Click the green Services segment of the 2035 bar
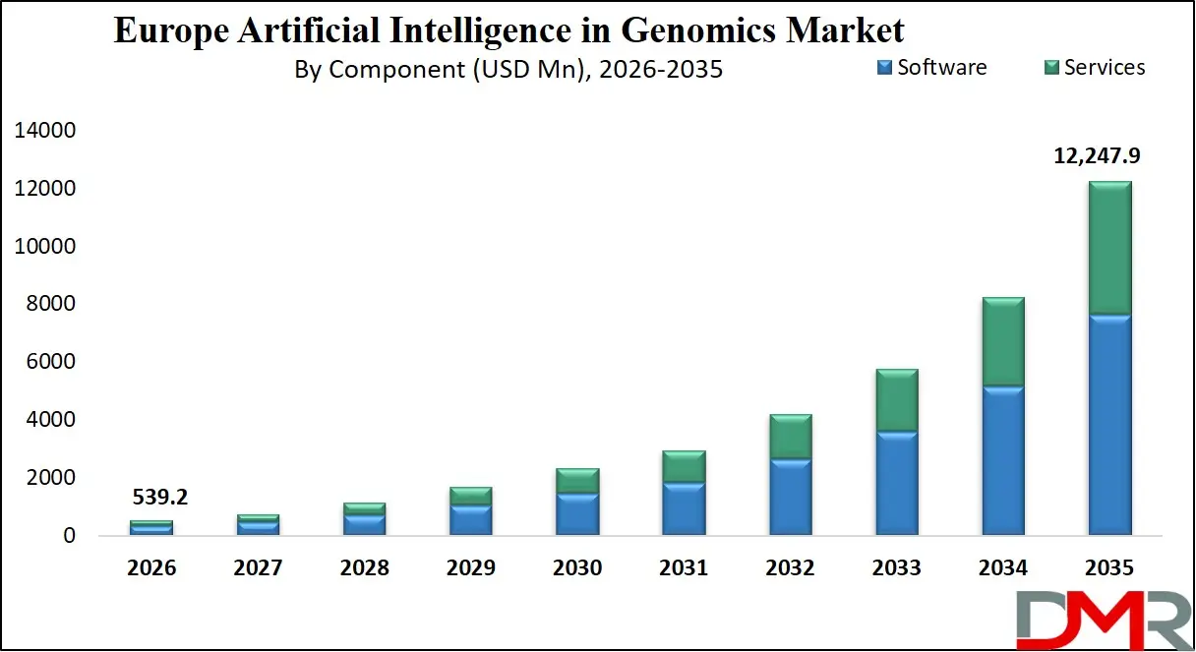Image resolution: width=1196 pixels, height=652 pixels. click(x=1108, y=248)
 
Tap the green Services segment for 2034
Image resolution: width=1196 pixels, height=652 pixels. click(x=1002, y=341)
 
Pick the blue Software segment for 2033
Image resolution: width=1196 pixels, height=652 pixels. click(x=896, y=483)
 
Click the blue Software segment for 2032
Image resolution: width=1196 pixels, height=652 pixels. click(x=790, y=497)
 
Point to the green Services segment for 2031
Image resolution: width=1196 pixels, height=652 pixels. click(x=684, y=466)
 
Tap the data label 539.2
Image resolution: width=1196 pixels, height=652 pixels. click(x=159, y=498)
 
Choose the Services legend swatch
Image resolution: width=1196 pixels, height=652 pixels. click(x=1050, y=68)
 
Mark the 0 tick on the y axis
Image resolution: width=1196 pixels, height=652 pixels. click(x=68, y=536)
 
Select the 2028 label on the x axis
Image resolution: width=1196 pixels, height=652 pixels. click(x=365, y=568)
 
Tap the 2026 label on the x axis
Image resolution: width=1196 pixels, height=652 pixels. click(x=151, y=568)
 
